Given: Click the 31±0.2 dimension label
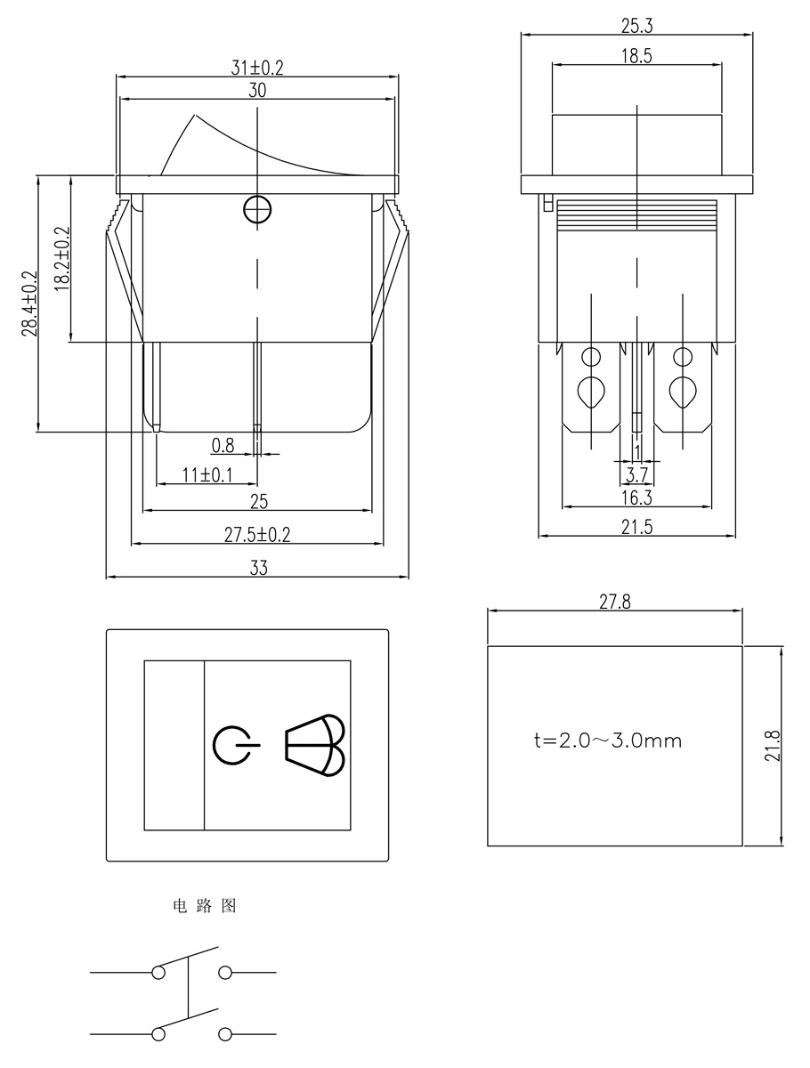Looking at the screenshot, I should (x=257, y=68).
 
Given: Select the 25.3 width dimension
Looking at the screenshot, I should (x=636, y=26).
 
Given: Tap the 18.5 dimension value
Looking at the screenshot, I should (x=636, y=55).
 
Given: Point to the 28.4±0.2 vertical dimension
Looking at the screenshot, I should (x=29, y=303).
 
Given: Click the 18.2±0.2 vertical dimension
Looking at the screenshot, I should (x=62, y=258).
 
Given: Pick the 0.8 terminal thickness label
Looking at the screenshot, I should (x=223, y=446).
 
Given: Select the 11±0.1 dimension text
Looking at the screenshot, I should (x=207, y=475).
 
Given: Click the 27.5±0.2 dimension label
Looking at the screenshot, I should (x=257, y=534).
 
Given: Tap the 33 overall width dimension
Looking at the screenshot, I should (x=258, y=569).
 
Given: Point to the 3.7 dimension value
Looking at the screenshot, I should (x=636, y=474).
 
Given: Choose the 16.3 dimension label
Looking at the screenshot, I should (x=636, y=498).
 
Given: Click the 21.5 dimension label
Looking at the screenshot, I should (x=636, y=527).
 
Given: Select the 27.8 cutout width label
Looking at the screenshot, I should (x=614, y=602).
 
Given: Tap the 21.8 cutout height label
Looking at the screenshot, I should (x=772, y=745).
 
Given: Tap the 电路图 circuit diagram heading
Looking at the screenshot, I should (x=204, y=907).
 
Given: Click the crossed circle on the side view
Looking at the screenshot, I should (x=257, y=210).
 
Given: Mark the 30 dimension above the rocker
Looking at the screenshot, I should (x=257, y=91).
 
